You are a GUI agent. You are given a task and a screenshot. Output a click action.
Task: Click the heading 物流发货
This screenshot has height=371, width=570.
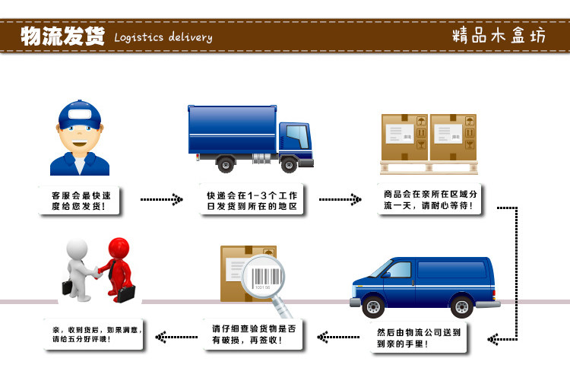click(62, 36)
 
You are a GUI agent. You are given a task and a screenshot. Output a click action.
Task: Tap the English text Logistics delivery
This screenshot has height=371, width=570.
click(163, 37)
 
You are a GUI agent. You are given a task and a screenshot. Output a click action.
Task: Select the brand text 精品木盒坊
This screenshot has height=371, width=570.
click(498, 36)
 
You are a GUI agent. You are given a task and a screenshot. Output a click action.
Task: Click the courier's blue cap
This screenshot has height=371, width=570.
click(80, 115)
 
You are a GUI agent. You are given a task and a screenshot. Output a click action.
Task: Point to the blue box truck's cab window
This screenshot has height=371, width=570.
click(297, 137)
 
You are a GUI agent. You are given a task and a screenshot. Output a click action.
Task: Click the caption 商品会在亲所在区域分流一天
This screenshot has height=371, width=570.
click(430, 199)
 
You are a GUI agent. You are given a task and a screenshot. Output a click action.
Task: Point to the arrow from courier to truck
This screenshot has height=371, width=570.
click(161, 200)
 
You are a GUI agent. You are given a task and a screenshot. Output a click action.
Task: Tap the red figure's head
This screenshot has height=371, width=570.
click(119, 248)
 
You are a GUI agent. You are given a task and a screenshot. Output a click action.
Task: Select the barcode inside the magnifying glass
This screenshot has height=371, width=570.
click(263, 277)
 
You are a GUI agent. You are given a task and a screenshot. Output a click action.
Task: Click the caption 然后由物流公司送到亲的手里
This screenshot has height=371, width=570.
click(419, 338)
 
